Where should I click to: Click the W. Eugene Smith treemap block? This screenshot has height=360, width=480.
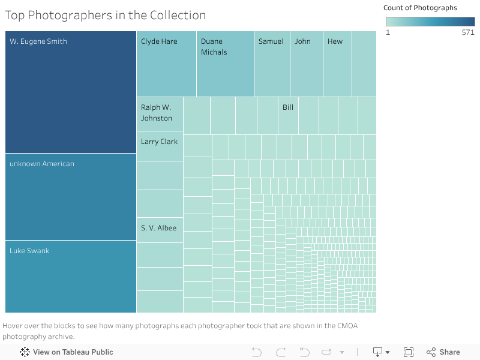(71, 92)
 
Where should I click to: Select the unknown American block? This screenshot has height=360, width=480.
(71, 197)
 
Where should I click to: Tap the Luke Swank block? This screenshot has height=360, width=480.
(71, 277)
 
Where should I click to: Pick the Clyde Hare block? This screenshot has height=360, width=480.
(166, 64)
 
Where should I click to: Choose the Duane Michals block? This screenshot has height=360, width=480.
(225, 64)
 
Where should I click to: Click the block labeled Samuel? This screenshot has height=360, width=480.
(272, 64)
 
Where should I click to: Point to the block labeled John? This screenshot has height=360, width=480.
(306, 64)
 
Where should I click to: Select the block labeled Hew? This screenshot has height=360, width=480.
(337, 64)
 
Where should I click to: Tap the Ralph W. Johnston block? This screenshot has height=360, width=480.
(160, 114)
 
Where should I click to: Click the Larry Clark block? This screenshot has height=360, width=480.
(160, 146)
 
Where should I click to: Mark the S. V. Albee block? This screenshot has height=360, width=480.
(160, 230)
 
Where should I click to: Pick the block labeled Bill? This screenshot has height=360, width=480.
(288, 115)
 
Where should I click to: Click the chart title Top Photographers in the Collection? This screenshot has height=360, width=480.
(106, 16)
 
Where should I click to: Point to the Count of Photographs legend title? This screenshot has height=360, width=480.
(420, 8)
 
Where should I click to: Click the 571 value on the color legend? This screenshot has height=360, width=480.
(468, 32)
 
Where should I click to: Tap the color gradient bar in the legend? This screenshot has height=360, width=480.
(430, 22)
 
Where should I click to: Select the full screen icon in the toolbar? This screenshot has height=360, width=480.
(409, 352)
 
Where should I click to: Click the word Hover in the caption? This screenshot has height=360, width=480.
(14, 326)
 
